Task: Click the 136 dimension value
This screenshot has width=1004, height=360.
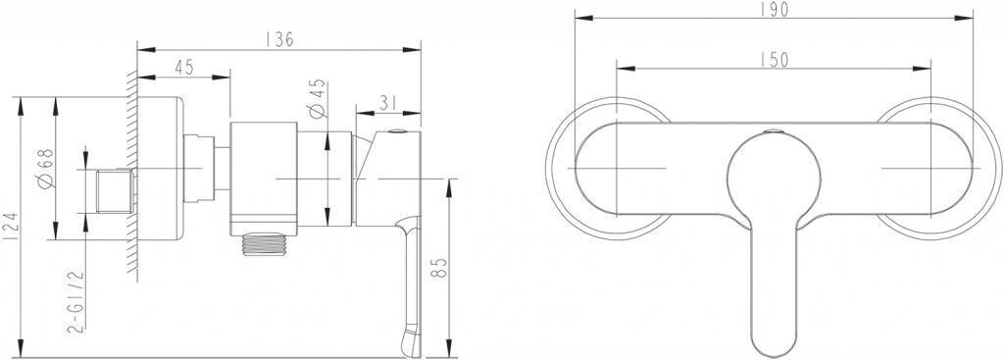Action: coord(279,39)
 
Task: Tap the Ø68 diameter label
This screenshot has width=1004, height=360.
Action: coord(46,169)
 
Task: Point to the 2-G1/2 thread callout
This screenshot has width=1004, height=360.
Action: coord(75,301)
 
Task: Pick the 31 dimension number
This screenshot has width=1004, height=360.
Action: coord(388,103)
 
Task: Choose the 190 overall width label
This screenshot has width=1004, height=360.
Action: coord(775,10)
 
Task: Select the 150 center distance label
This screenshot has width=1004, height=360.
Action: coord(775,59)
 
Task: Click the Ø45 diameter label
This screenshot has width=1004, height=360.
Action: coord(319,99)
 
